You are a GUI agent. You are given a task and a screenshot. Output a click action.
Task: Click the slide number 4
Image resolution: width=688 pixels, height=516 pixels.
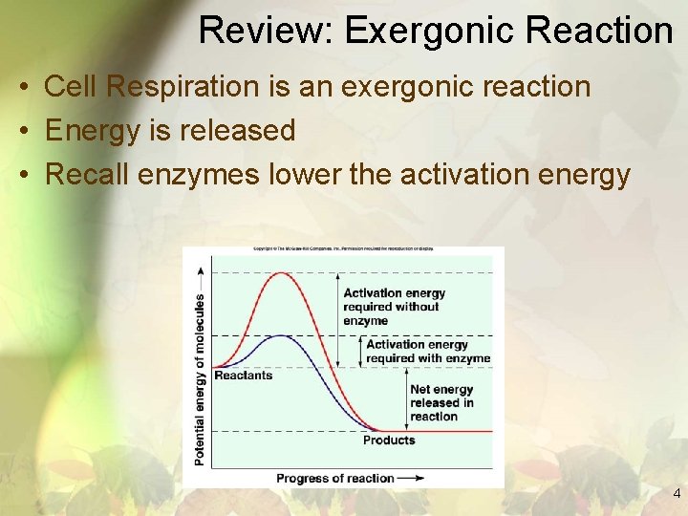click(677, 494)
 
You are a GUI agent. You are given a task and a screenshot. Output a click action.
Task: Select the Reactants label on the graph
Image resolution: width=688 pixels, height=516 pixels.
click(243, 376)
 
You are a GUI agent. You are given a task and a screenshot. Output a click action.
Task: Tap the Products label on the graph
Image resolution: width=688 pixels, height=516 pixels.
click(389, 441)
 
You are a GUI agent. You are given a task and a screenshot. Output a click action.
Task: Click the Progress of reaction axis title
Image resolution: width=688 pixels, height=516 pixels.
click(334, 478)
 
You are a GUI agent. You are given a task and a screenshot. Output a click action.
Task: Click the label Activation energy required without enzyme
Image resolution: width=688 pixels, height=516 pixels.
click(394, 307)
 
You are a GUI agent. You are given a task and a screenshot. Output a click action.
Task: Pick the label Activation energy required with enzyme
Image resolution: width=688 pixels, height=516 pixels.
click(428, 352)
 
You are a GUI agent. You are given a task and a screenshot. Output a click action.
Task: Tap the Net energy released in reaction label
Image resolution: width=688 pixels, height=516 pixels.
click(441, 402)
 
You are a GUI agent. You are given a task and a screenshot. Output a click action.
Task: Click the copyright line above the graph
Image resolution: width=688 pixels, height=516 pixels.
click(343, 248)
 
